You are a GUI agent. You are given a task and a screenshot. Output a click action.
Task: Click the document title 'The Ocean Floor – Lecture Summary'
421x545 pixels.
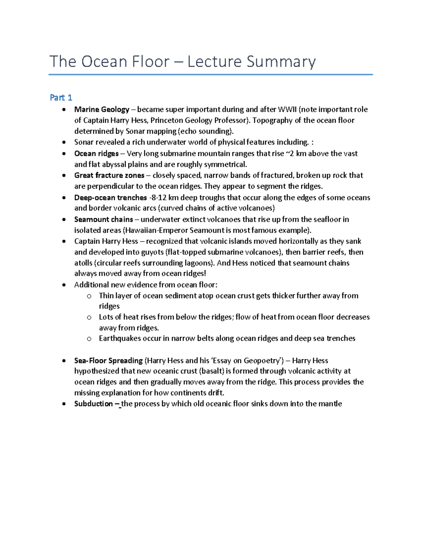182,62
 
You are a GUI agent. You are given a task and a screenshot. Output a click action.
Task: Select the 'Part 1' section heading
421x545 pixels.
61,98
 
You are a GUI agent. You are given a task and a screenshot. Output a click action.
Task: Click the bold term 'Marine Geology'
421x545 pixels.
102,109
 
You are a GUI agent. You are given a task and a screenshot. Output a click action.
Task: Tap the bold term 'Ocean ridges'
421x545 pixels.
96,153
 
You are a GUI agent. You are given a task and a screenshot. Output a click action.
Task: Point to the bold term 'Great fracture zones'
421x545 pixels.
109,175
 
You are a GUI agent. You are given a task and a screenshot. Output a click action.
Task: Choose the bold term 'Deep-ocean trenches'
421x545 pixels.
111,198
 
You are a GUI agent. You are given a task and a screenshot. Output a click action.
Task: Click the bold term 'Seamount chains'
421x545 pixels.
103,219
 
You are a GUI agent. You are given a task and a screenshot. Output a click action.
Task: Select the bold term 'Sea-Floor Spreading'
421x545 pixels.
108,360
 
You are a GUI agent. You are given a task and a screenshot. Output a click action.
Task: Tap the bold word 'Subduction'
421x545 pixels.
93,404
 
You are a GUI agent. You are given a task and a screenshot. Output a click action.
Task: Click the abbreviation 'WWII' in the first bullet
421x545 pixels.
287,109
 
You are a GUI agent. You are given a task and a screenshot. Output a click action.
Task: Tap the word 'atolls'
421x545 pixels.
83,263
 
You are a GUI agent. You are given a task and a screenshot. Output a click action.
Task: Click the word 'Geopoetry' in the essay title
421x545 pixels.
262,360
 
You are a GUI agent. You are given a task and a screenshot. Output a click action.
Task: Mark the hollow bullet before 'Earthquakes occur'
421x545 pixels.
89,339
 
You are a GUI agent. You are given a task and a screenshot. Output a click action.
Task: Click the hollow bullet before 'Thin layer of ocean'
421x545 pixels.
89,296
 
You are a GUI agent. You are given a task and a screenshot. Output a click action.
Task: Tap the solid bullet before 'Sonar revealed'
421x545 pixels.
64,142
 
